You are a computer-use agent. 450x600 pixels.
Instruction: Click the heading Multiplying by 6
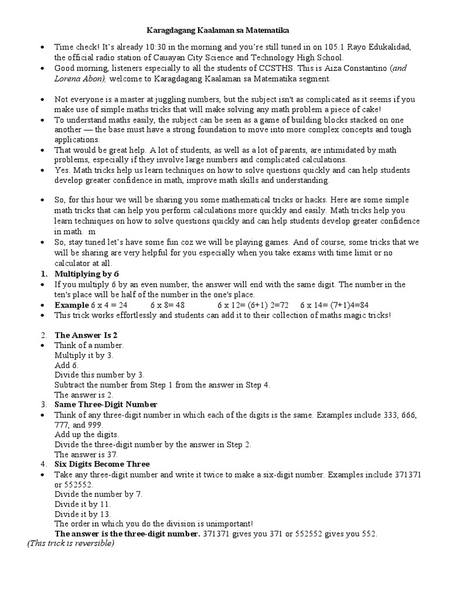(x=87, y=274)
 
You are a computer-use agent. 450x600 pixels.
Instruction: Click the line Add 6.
(x=66, y=365)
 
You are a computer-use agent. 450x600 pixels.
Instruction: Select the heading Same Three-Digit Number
(x=105, y=404)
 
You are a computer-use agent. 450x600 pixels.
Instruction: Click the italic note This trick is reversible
(x=70, y=543)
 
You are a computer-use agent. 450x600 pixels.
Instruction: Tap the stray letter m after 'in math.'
(x=92, y=231)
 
